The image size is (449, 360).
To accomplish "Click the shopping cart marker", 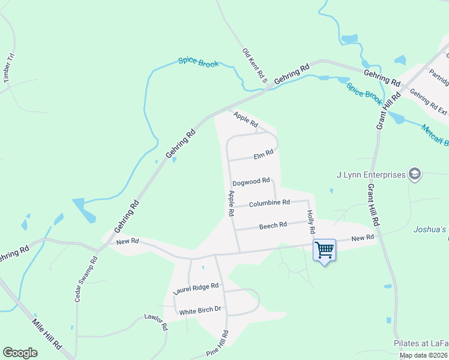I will coord(324,250).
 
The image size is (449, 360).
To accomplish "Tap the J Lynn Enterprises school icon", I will coord(414,175).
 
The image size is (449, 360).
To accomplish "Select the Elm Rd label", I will coord(264,156).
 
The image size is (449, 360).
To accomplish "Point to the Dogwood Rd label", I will coord(251,181).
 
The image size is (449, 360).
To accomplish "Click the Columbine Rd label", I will coord(270,203).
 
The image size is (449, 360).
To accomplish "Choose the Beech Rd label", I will coord(273,226).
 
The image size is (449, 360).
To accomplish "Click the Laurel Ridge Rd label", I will coord(196,289).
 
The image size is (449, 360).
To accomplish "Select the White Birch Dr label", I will coord(200,310).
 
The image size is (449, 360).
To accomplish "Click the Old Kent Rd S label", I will coord(255,65).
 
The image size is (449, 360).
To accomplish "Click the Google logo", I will coord(20,353).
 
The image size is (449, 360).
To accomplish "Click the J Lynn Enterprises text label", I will coord(371,175).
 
